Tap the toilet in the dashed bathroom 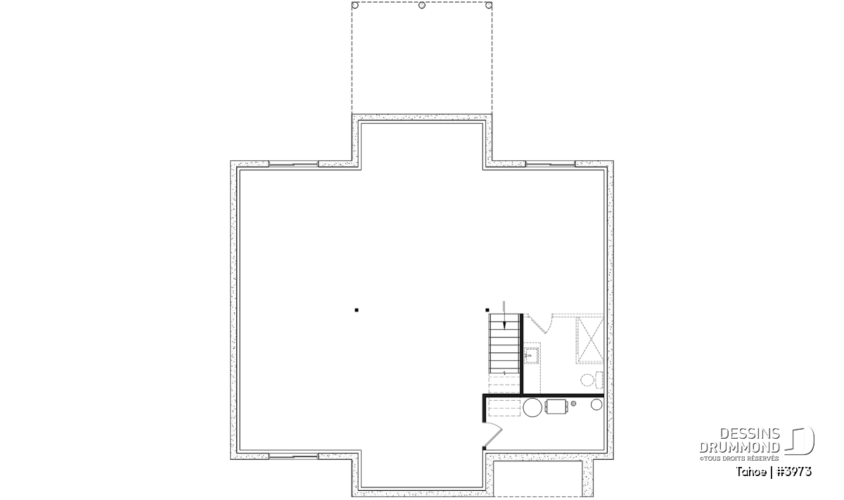tap(592, 380)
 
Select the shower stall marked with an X tap(589, 340)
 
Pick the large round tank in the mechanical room tap(532, 407)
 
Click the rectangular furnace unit tap(556, 406)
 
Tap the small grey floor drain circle tap(573, 404)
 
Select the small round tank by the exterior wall tap(596, 404)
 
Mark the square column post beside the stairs tap(487, 310)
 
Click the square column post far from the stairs tap(357, 310)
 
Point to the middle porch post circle tap(422, 6)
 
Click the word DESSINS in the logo tap(750, 434)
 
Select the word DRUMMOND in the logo tap(740, 447)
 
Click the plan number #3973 tap(794, 472)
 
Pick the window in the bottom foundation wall tap(293, 456)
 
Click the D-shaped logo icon tap(800, 441)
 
